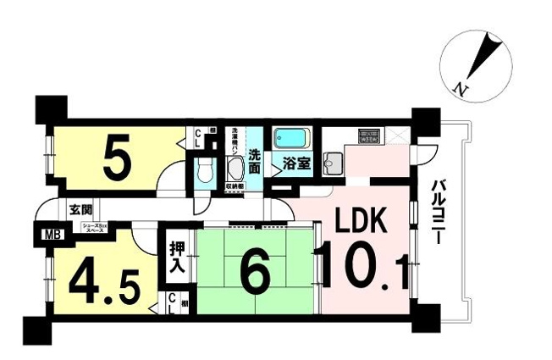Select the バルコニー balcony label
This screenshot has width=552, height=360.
pos(439,213)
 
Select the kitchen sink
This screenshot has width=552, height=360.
pos(334,162)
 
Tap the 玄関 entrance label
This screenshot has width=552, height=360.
pos(81,209)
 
